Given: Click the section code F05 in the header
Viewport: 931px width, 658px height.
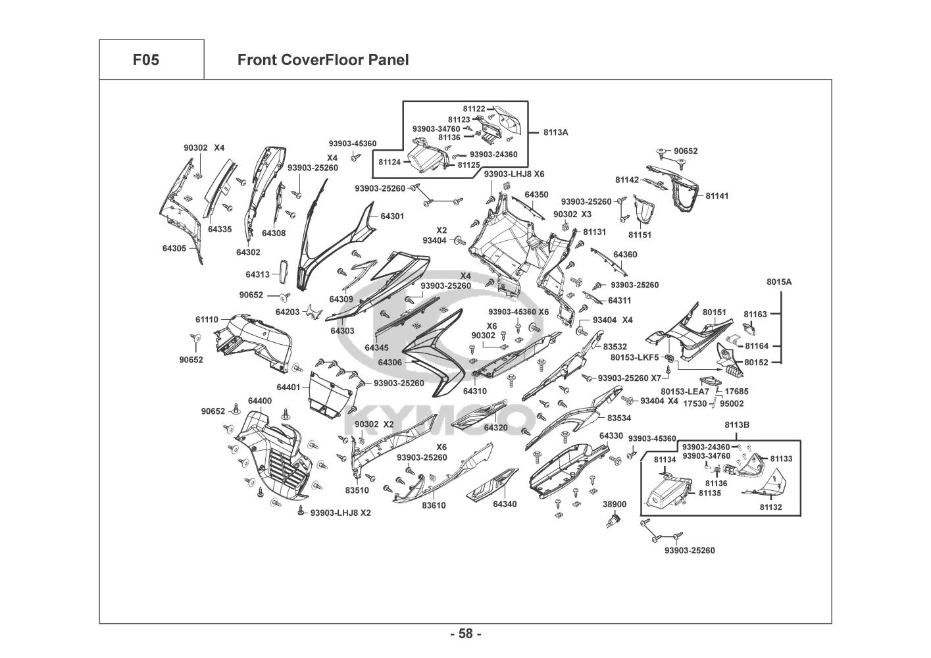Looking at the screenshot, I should [145, 60].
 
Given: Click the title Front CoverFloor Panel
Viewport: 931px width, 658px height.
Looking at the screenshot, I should [322, 60].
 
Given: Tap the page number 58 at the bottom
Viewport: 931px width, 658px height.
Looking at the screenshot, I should [465, 634].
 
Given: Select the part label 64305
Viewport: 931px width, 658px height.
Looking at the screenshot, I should [174, 248].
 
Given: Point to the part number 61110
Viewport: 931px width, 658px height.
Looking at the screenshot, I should [207, 320].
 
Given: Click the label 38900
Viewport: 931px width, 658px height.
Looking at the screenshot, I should [615, 504].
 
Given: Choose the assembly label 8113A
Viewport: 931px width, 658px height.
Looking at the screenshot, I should [555, 132].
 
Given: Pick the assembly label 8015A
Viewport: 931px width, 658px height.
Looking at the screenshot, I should [779, 282].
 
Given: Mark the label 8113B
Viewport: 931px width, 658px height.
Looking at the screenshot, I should [737, 425].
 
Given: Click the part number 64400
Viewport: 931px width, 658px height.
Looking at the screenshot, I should [260, 401].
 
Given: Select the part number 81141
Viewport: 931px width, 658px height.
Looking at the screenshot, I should [717, 196].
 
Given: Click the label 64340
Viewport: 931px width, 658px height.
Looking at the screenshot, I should [505, 504].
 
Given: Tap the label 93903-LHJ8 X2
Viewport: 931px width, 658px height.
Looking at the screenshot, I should [340, 513].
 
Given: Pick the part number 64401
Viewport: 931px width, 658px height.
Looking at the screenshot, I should [288, 388].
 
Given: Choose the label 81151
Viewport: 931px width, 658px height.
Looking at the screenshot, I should [640, 235].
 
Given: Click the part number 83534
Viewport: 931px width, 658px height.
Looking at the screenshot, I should [618, 418].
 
